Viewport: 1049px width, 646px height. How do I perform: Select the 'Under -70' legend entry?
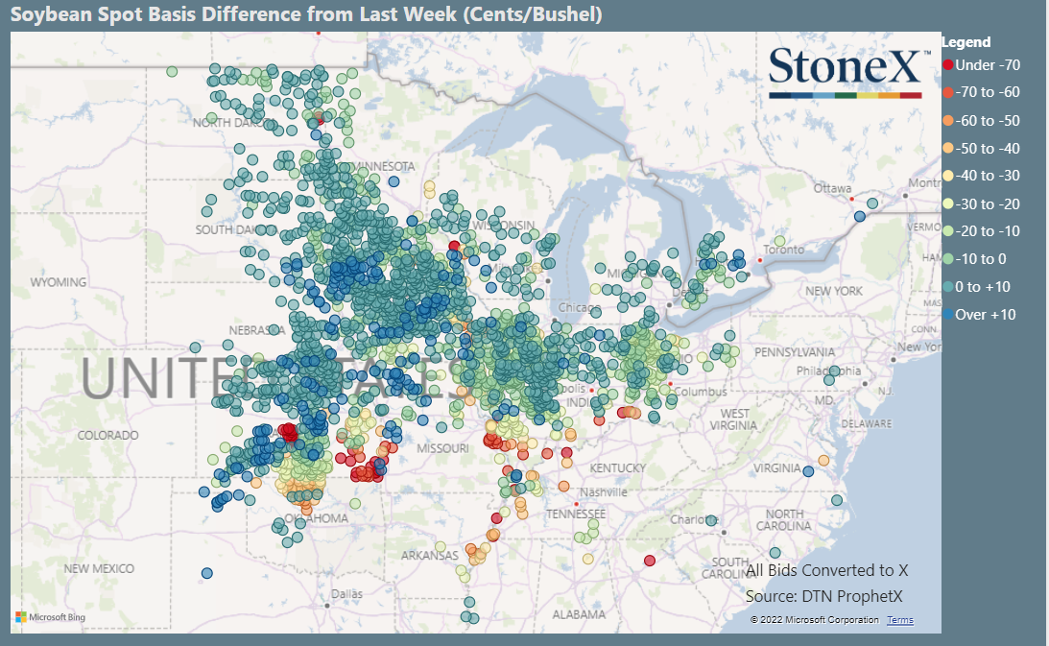click(988, 65)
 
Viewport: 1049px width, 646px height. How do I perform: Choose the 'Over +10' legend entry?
click(985, 315)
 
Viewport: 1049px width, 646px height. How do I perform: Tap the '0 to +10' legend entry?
click(983, 287)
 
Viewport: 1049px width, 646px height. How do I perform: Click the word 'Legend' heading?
click(966, 42)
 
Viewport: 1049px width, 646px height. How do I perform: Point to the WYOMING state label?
click(59, 283)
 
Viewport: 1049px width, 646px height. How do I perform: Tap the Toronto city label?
click(785, 250)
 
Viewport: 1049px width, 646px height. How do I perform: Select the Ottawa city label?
click(832, 188)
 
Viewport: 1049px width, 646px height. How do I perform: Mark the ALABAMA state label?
click(579, 614)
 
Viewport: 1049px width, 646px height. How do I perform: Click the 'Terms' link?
click(900, 620)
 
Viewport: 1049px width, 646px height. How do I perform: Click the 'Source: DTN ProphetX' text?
click(823, 597)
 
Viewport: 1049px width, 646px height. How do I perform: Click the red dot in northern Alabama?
click(650, 561)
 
